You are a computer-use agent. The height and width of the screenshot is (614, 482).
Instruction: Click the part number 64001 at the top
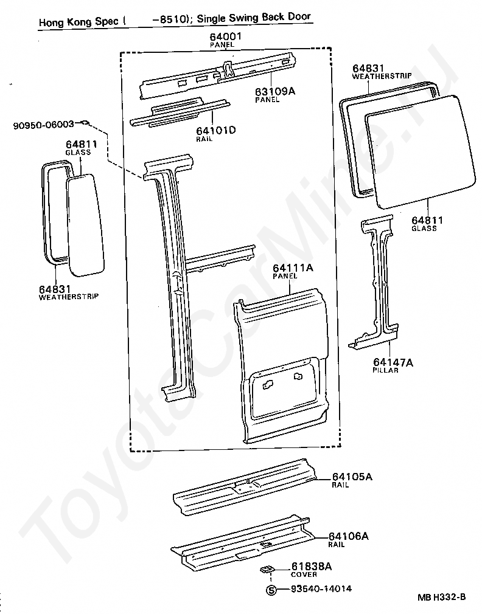pyautogui.click(x=226, y=37)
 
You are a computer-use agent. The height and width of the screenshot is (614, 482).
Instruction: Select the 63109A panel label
pyautogui.click(x=275, y=91)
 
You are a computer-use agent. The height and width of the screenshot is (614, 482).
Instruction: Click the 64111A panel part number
pyautogui.click(x=293, y=268)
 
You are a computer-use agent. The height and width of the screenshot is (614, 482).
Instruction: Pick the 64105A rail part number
pyautogui.click(x=352, y=477)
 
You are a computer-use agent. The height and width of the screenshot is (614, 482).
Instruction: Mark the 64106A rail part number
pyautogui.click(x=349, y=536)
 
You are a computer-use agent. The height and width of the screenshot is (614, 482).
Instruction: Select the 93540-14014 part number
pyautogui.click(x=321, y=589)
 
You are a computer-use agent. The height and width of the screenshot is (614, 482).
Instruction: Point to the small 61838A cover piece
pyautogui.click(x=266, y=570)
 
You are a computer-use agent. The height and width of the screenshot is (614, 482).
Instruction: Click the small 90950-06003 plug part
pyautogui.click(x=85, y=123)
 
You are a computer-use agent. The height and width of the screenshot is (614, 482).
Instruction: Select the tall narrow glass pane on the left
pyautogui.click(x=86, y=222)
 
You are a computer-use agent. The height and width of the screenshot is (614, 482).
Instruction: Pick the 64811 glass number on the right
pyautogui.click(x=427, y=221)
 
